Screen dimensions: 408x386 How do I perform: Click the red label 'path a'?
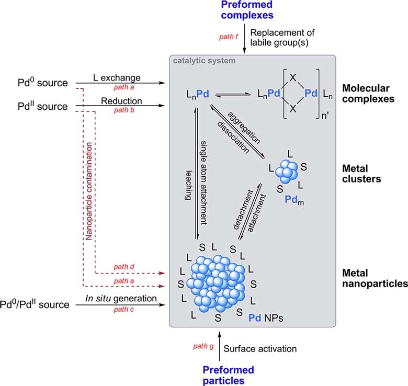(124, 87)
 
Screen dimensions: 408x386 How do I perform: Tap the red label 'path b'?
(124, 110)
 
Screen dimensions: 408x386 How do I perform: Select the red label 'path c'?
(124, 310)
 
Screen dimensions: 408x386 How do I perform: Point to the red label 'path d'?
(124, 267)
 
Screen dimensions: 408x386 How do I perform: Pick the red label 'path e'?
(124, 281)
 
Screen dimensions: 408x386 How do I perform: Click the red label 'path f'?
(229, 37)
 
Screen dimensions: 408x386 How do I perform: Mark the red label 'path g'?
(203, 346)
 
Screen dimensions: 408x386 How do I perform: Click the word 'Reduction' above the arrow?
(121, 101)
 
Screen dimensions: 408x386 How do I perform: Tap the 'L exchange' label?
(117, 78)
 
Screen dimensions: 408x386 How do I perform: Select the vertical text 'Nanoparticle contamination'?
(89, 191)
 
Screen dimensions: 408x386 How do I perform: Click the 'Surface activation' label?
(260, 349)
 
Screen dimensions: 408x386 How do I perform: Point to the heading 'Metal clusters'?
(361, 174)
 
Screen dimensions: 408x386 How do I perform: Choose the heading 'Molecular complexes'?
(368, 94)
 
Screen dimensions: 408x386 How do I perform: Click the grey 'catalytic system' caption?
(204, 61)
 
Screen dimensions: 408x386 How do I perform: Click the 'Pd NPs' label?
(266, 318)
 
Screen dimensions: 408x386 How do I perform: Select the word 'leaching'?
(188, 186)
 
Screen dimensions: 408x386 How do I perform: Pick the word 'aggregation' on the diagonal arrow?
(244, 128)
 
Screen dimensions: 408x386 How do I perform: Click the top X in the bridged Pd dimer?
(293, 77)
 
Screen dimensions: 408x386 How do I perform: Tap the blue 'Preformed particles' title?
(228, 376)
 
